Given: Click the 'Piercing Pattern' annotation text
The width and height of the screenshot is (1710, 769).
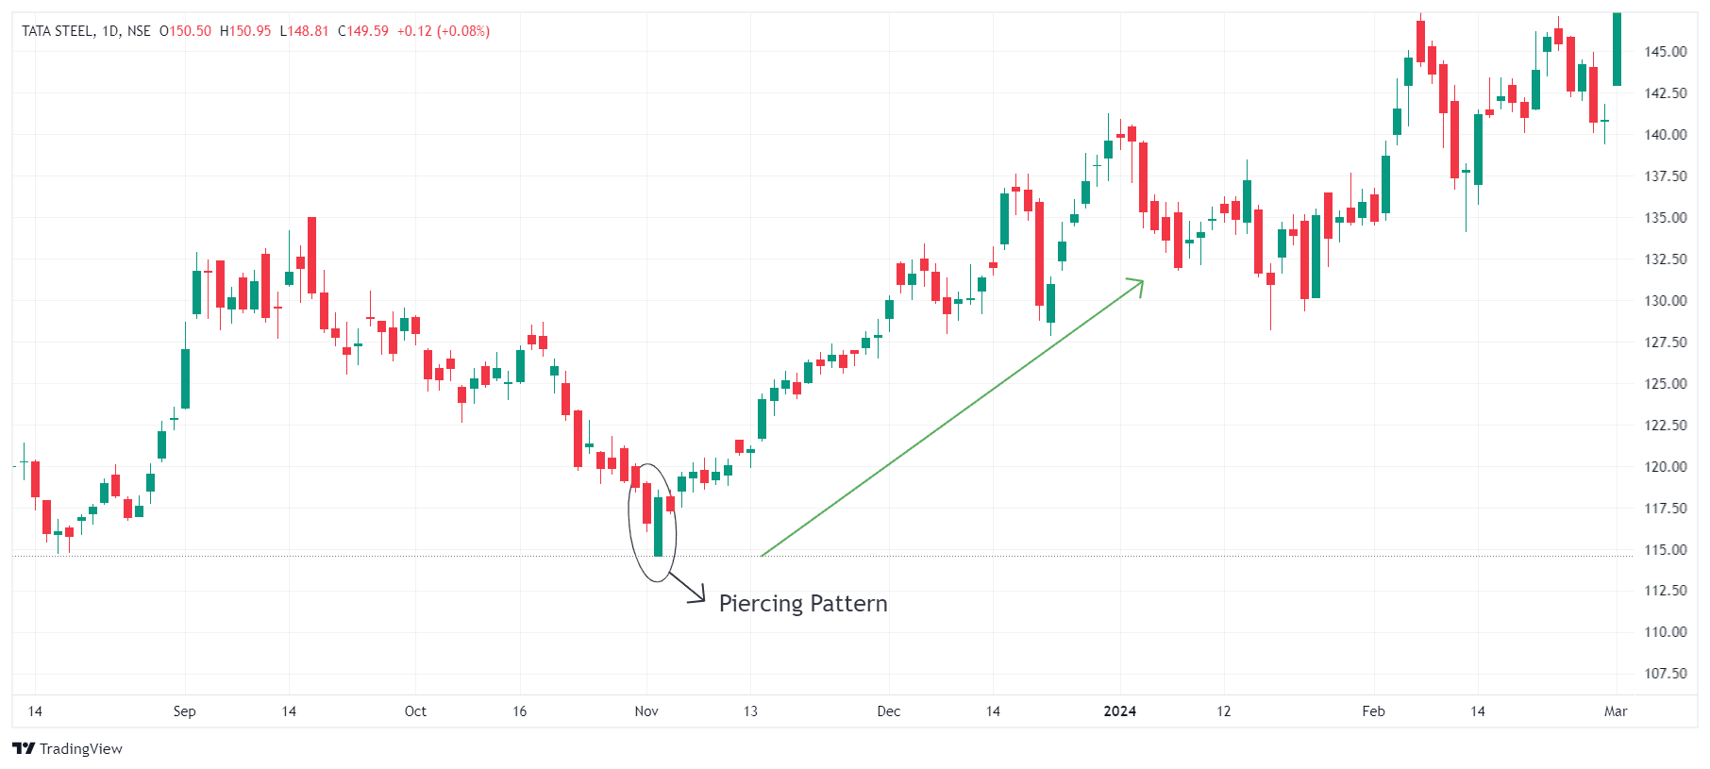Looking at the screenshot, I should click(803, 604).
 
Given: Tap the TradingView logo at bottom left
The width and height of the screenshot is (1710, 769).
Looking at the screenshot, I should click(68, 748).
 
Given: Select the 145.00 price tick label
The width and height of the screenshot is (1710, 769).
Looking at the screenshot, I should click(1666, 52).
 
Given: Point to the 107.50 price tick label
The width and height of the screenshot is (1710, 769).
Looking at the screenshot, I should click(1666, 674).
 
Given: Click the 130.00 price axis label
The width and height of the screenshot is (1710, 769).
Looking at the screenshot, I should click(1666, 301).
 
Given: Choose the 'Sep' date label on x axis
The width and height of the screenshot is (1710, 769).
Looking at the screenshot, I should click(185, 711).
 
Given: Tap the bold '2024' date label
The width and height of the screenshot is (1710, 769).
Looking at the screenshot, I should click(1120, 711).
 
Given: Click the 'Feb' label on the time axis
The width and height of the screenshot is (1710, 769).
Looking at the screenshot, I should click(1373, 711).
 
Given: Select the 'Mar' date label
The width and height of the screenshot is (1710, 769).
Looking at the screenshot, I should click(1616, 711).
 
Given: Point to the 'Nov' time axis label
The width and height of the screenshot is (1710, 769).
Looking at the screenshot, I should click(646, 711).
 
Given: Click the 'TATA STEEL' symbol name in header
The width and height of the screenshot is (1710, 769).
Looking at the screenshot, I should click(58, 31).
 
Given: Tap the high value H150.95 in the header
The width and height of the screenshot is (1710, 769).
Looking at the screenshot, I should click(245, 31).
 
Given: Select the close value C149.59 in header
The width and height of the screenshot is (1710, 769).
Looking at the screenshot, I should click(363, 31).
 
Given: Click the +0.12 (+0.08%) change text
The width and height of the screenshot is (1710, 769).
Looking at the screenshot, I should click(444, 31).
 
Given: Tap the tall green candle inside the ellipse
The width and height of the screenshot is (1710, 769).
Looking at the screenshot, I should click(659, 527).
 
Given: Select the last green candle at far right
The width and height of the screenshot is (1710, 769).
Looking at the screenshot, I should click(1617, 49).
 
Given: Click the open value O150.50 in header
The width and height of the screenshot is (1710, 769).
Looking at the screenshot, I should click(185, 31).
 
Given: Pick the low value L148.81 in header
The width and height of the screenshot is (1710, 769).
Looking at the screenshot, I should click(304, 31).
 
